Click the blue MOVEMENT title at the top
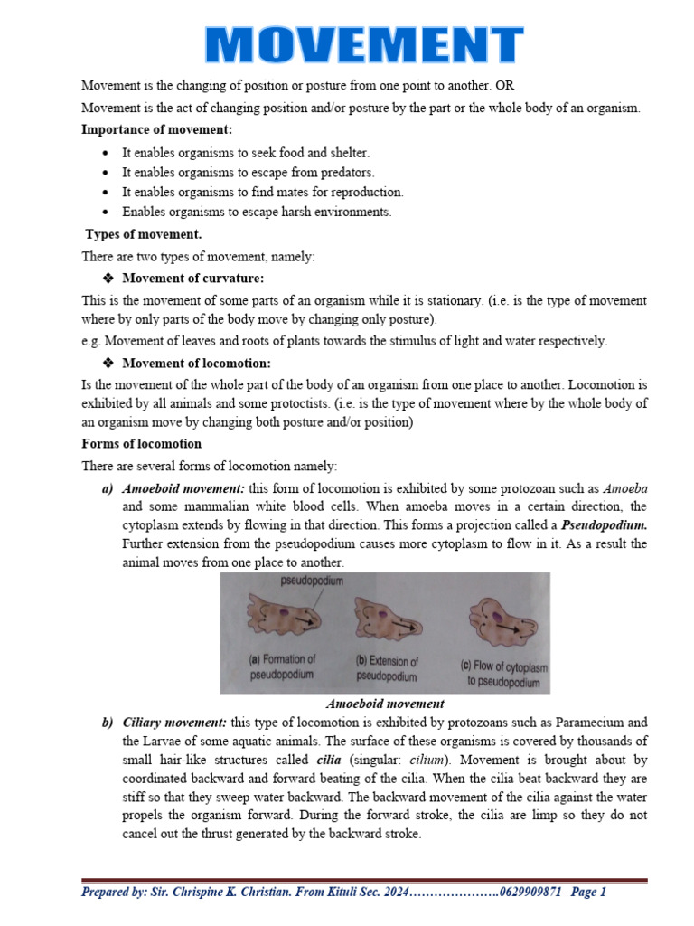point(363,44)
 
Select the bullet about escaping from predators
point(248,172)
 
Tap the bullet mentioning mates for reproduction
point(262,192)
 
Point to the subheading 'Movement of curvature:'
point(192,278)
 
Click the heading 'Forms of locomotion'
point(141,444)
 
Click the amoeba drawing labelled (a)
point(281,618)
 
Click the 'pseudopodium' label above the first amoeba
point(312,581)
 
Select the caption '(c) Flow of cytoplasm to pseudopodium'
point(503,674)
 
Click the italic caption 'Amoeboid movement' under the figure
point(384,704)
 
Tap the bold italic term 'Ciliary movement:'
point(174,723)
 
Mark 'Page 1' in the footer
point(588,893)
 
